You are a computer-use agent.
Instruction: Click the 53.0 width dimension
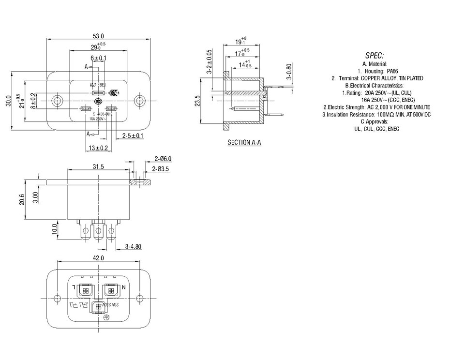pyautogui.click(x=99, y=36)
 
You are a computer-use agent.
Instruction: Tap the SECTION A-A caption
pyautogui.click(x=244, y=143)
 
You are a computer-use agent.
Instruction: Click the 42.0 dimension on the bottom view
pyautogui.click(x=99, y=258)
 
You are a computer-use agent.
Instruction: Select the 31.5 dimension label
pyautogui.click(x=99, y=166)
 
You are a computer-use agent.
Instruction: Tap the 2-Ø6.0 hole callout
pyautogui.click(x=163, y=159)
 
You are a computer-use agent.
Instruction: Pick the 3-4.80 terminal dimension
pyautogui.click(x=133, y=246)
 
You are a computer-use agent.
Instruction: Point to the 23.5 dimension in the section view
pyautogui.click(x=197, y=101)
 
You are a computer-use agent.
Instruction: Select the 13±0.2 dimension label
pyautogui.click(x=98, y=148)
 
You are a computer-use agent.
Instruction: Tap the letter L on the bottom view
pyautogui.click(x=74, y=288)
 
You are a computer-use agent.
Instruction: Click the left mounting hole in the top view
pyautogui.click(x=58, y=101)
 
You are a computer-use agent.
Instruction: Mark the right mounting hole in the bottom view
pyautogui.click(x=140, y=298)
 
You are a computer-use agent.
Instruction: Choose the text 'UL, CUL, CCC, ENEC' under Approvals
pyautogui.click(x=377, y=129)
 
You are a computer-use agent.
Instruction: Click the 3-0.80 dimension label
pyautogui.click(x=288, y=71)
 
